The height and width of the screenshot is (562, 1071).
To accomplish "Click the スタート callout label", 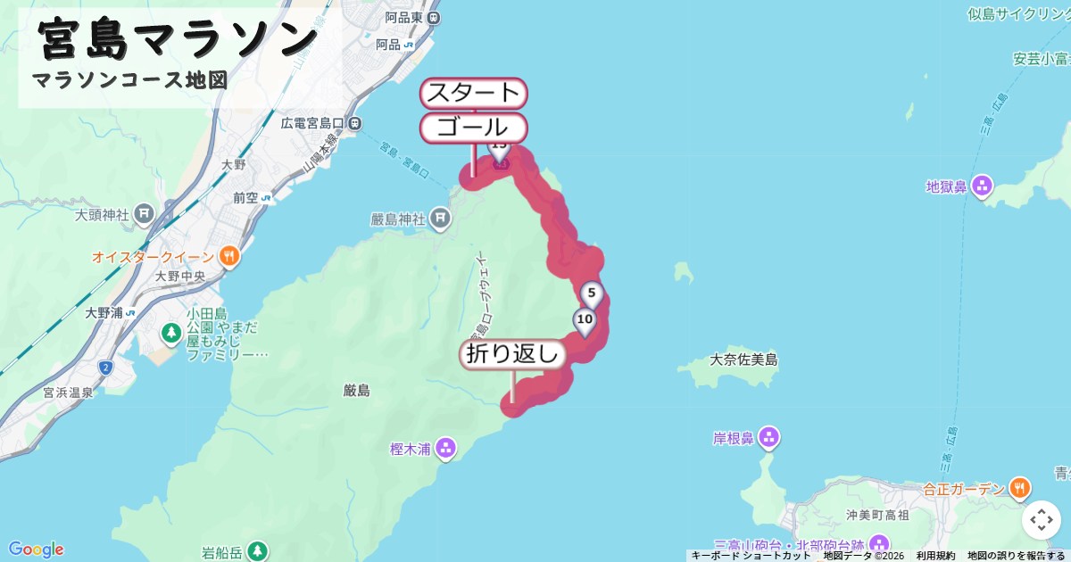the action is (x=473, y=93).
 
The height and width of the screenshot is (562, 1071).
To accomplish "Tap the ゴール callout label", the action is (x=473, y=127).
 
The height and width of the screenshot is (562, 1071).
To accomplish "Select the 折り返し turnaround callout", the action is (x=513, y=354).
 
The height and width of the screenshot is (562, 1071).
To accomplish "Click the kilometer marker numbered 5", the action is (x=591, y=293).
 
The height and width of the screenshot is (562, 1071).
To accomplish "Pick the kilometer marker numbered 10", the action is (x=585, y=319).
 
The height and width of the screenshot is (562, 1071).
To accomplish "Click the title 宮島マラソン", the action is (x=178, y=39).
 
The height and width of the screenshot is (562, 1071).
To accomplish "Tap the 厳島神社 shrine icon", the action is (x=439, y=218).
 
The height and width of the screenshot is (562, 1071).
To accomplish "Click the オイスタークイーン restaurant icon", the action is (x=229, y=257).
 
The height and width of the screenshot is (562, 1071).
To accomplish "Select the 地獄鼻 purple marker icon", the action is (x=983, y=186).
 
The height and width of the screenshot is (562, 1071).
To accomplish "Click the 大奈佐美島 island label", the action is (x=744, y=360).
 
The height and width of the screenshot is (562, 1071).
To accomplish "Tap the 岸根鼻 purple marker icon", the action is (x=769, y=438).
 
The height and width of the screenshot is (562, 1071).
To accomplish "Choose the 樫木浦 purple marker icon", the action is (x=446, y=448).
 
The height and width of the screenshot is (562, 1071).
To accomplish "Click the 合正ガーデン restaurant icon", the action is (x=1019, y=488).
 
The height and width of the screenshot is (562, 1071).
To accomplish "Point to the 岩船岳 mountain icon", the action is (x=257, y=550).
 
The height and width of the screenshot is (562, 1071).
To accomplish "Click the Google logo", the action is (x=36, y=549).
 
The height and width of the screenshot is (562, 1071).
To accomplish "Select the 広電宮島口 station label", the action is (x=313, y=122).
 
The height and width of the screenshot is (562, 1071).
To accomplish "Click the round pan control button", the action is (x=1041, y=520).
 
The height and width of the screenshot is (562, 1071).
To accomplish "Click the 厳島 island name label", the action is (x=356, y=390).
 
